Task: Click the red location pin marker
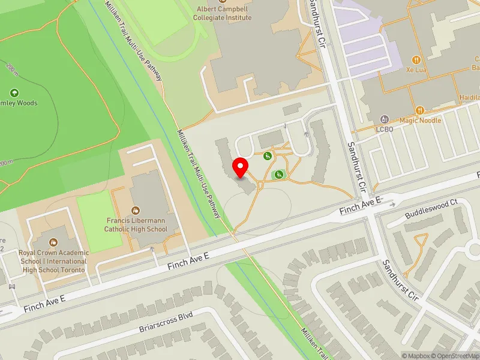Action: tap(241, 168)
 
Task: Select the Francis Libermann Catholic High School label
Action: tap(136, 224)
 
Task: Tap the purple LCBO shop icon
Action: tap(384, 119)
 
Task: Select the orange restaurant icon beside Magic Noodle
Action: tap(420, 110)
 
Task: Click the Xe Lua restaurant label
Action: tap(415, 70)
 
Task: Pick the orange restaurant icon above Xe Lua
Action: tap(415, 59)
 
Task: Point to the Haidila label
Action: tap(469, 97)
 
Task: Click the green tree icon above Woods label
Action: tap(14, 93)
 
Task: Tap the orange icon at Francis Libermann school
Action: tap(136, 211)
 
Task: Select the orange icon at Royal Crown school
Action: tap(53, 242)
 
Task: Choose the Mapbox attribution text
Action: tap(417, 356)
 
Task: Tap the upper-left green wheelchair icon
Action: tap(267, 156)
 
